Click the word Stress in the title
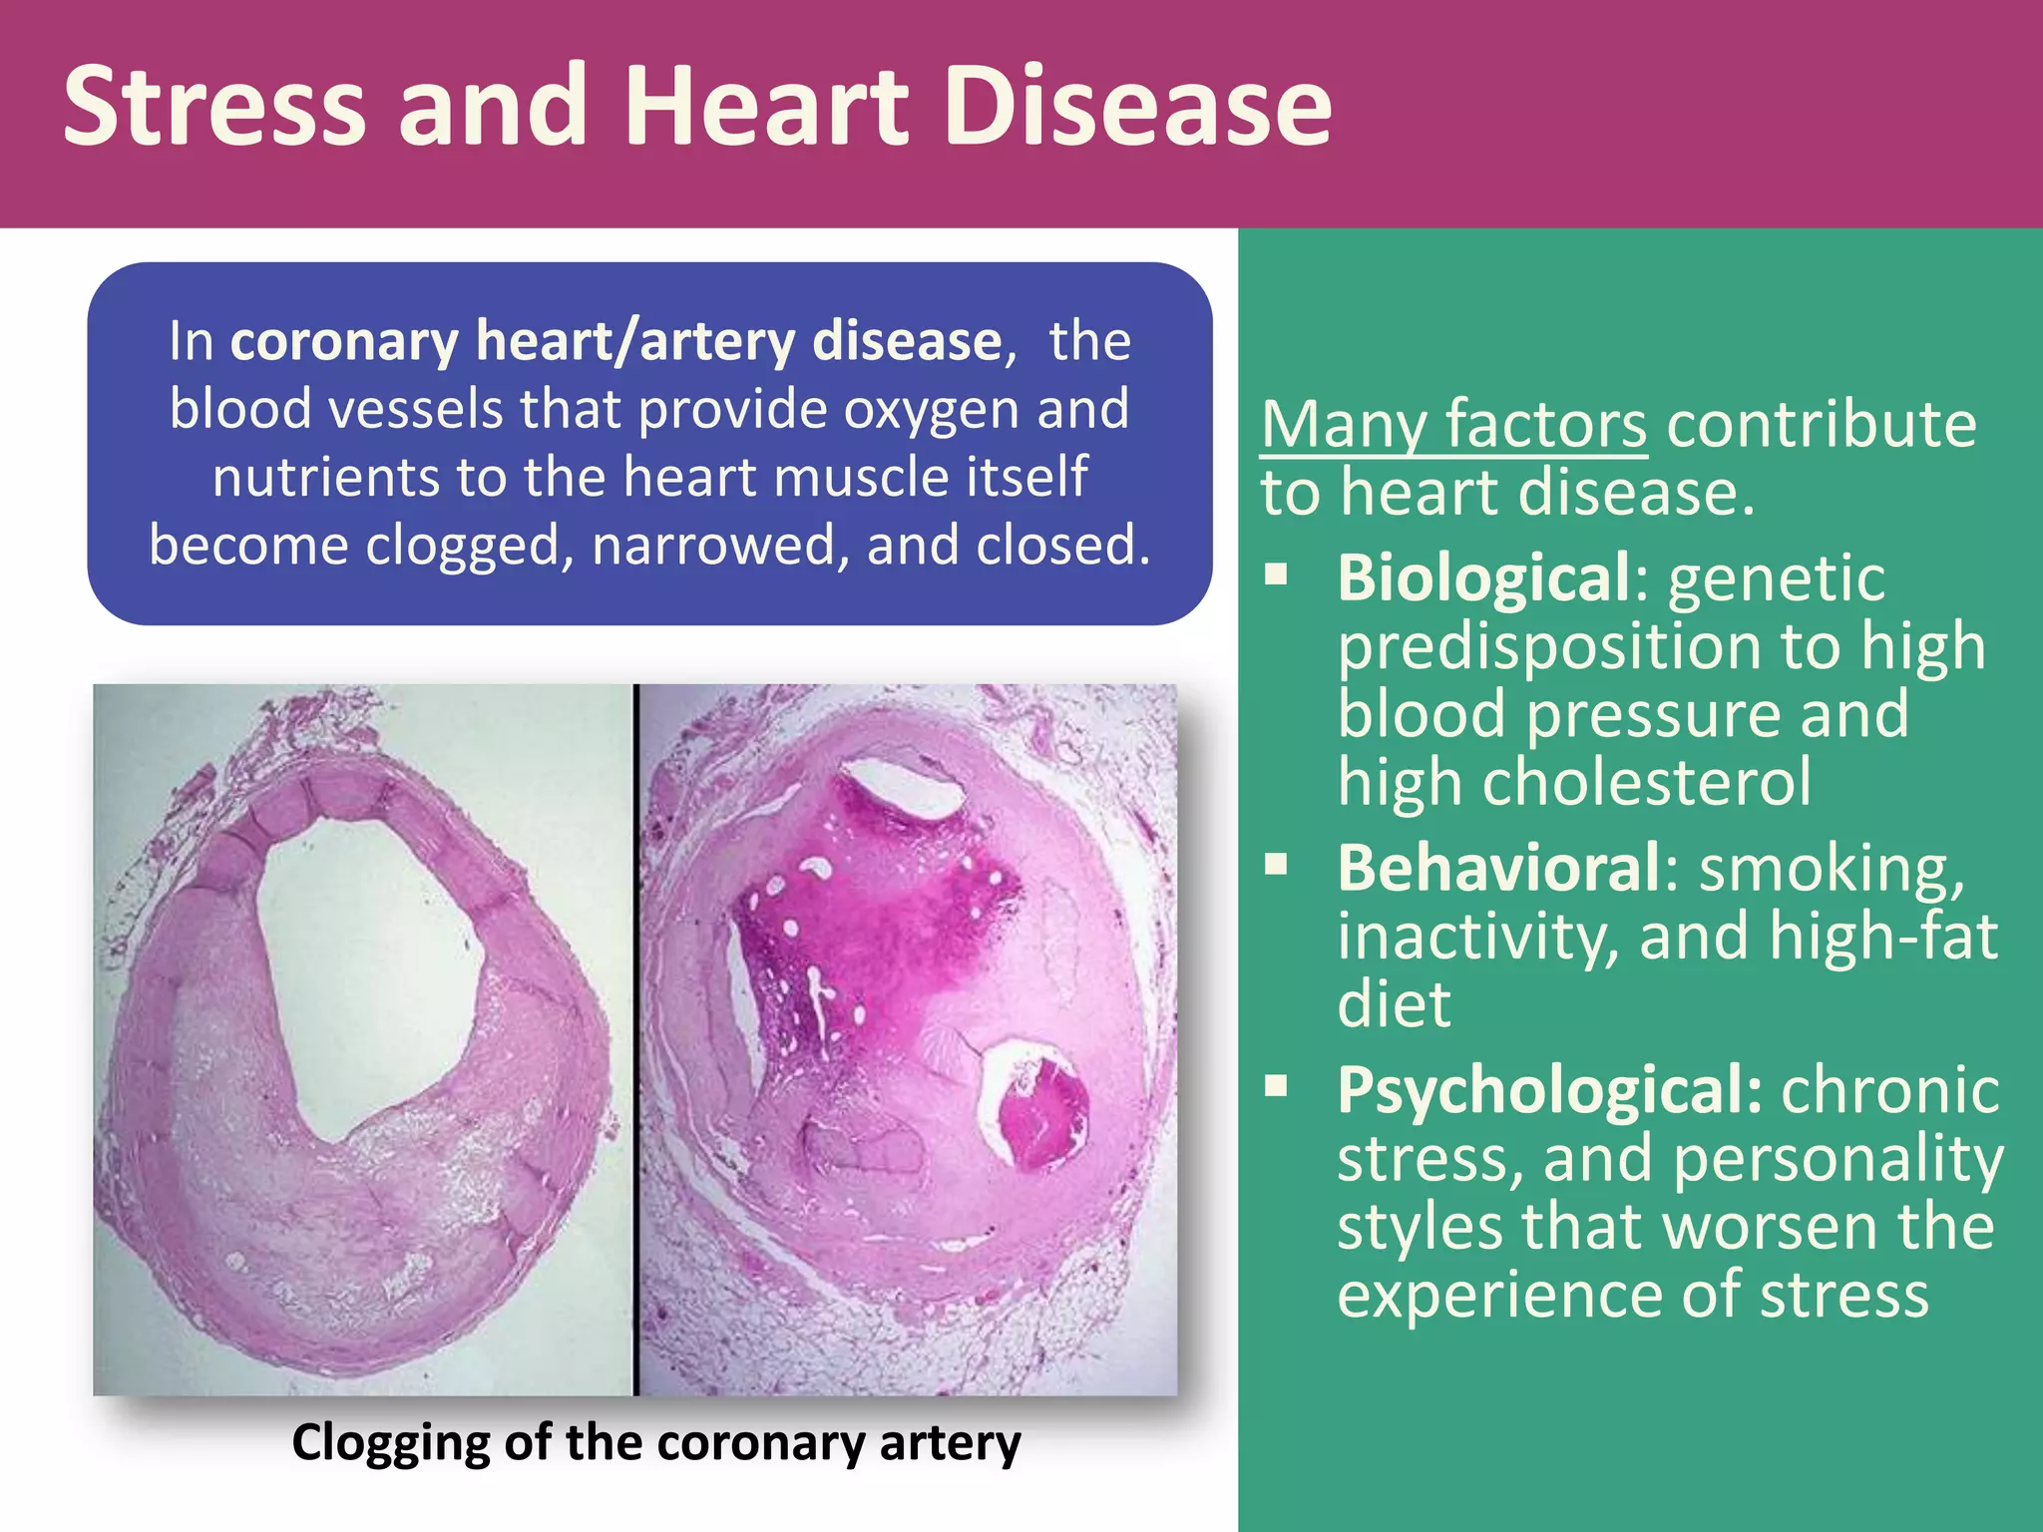click(x=213, y=106)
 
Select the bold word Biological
click(x=1484, y=578)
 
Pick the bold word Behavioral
click(x=1499, y=868)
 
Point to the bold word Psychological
click(x=1549, y=1089)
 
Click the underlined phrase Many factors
click(x=1453, y=426)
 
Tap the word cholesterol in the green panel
click(x=1646, y=782)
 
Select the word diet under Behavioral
click(x=1394, y=1003)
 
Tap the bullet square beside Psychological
click(x=1277, y=1085)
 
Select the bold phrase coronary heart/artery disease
click(x=615, y=341)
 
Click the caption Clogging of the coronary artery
click(x=656, y=1443)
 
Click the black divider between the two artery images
click(x=634, y=1037)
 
